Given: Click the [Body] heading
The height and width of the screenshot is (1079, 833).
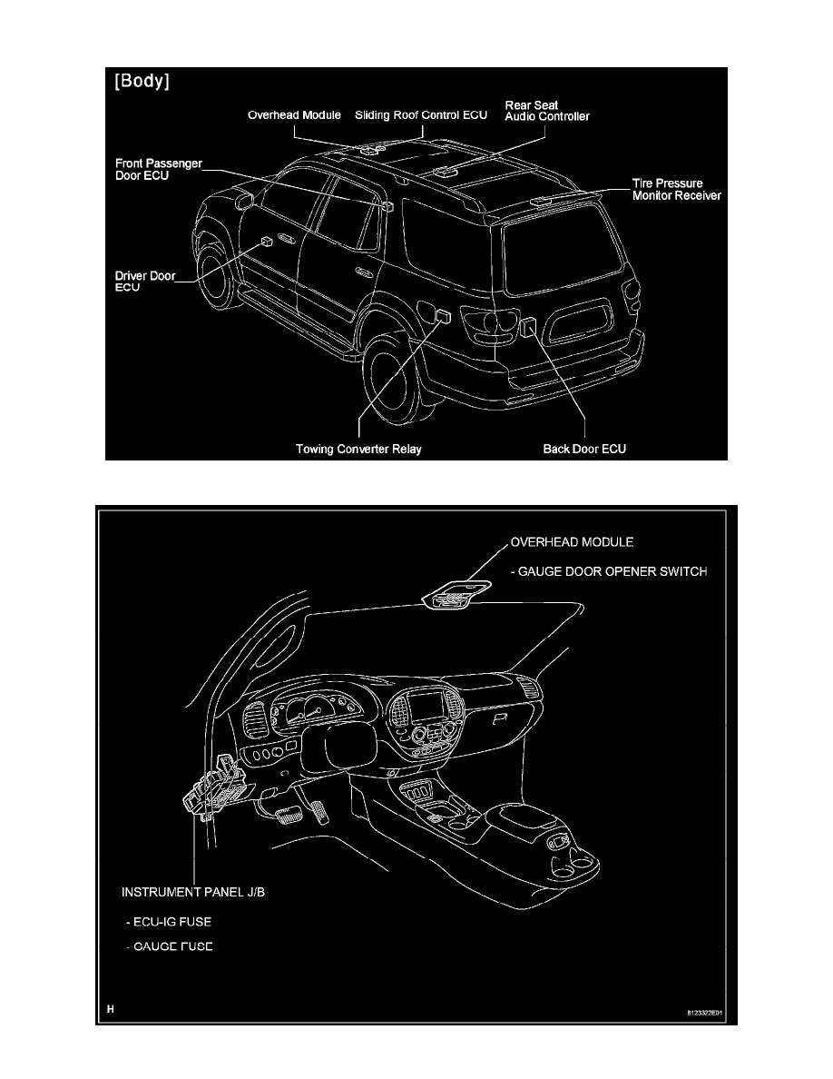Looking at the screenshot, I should [x=143, y=83].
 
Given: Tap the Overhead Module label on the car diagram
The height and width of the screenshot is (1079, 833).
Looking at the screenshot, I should [x=296, y=115].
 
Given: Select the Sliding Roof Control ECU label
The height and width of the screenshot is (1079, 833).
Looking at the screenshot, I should [x=421, y=115].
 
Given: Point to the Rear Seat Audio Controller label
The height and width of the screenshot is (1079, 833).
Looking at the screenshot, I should [x=546, y=110].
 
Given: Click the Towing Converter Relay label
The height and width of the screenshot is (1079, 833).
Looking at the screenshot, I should [x=359, y=449].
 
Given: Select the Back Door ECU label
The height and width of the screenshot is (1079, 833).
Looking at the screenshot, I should [x=584, y=449].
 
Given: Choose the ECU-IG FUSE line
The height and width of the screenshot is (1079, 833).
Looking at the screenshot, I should [x=173, y=920].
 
